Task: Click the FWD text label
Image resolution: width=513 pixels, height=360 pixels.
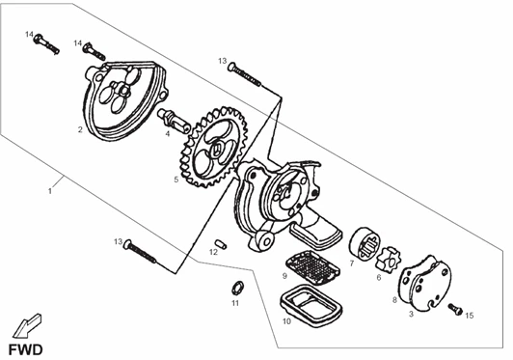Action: click(25, 349)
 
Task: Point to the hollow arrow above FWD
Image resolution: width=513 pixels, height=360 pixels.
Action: click(27, 325)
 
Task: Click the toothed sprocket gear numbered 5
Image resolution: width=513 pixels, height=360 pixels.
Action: click(214, 147)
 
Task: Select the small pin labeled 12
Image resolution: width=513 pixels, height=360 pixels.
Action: click(221, 244)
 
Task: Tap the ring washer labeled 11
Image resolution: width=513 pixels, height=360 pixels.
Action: click(236, 288)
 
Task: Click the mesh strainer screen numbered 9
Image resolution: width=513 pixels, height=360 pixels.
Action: click(312, 266)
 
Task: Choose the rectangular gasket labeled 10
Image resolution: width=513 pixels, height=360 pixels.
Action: click(310, 306)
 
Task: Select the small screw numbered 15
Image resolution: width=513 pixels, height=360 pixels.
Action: click(455, 309)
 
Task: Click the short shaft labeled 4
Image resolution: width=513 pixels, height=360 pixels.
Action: click(174, 119)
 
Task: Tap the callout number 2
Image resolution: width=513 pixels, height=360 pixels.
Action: click(80, 129)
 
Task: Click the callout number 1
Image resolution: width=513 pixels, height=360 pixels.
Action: click(50, 191)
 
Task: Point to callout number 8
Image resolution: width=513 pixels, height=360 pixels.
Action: click(394, 299)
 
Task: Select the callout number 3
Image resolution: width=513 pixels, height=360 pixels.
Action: click(411, 314)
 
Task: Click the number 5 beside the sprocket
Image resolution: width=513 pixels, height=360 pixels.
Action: click(176, 180)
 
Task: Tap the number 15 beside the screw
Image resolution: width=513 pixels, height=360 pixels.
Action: click(469, 316)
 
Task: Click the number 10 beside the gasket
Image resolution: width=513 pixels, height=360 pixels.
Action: click(286, 321)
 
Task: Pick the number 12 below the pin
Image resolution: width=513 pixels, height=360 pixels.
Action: click(213, 252)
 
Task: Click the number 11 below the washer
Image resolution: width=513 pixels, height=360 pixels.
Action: click(235, 303)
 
